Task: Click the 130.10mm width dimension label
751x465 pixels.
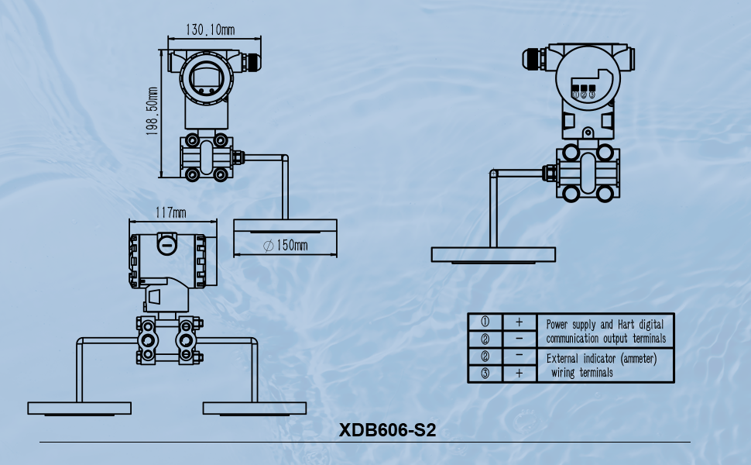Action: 210,30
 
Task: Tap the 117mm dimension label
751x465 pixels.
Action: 170,212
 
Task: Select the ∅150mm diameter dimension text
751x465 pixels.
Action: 285,246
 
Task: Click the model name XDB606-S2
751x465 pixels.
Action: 387,430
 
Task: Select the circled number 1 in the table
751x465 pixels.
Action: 485,322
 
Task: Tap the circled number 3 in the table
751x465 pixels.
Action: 485,373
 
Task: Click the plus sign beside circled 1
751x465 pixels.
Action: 519,322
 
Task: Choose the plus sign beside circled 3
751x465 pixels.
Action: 519,373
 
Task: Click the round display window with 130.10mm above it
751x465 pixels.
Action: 205,78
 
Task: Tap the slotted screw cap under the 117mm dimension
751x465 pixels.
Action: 166,244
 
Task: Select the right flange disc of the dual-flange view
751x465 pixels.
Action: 255,408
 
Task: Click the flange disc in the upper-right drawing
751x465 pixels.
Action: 493,254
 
